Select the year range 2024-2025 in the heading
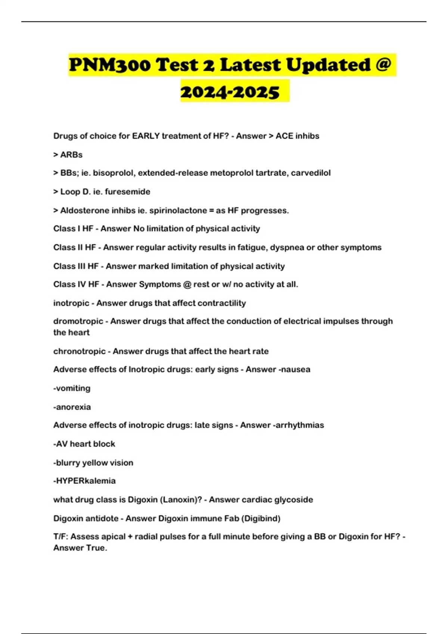230,92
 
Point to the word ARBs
71,155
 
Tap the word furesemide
127,192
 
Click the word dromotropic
78,321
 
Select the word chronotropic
79,351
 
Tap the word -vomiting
72,388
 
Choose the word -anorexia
72,407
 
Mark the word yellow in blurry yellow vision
94,463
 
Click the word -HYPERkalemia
84,481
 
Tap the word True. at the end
97,548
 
